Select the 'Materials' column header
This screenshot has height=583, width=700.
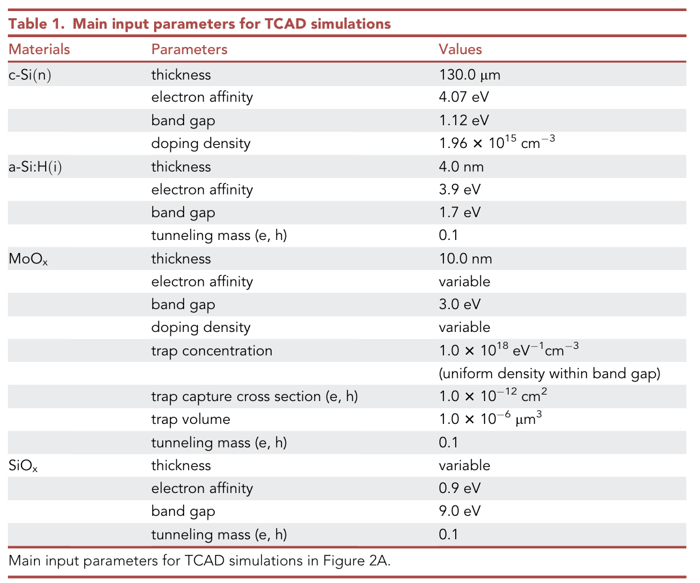[39, 50]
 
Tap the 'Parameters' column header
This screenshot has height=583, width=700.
[189, 50]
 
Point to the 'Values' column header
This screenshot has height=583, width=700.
[460, 50]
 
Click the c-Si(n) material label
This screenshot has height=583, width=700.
[30, 74]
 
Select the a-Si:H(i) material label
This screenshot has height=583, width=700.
[36, 166]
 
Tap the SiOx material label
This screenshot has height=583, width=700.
[23, 466]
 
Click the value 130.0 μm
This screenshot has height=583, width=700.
[469, 74]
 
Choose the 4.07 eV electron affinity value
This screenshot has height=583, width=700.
[464, 97]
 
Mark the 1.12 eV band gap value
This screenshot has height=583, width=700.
[464, 121]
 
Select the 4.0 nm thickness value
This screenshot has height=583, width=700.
[461, 166]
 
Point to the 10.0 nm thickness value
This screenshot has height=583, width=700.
[465, 258]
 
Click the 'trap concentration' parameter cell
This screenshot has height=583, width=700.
[212, 351]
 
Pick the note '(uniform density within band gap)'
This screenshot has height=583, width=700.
[550, 374]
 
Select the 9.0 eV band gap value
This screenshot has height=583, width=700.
[460, 511]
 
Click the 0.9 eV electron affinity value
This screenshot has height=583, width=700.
[460, 488]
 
